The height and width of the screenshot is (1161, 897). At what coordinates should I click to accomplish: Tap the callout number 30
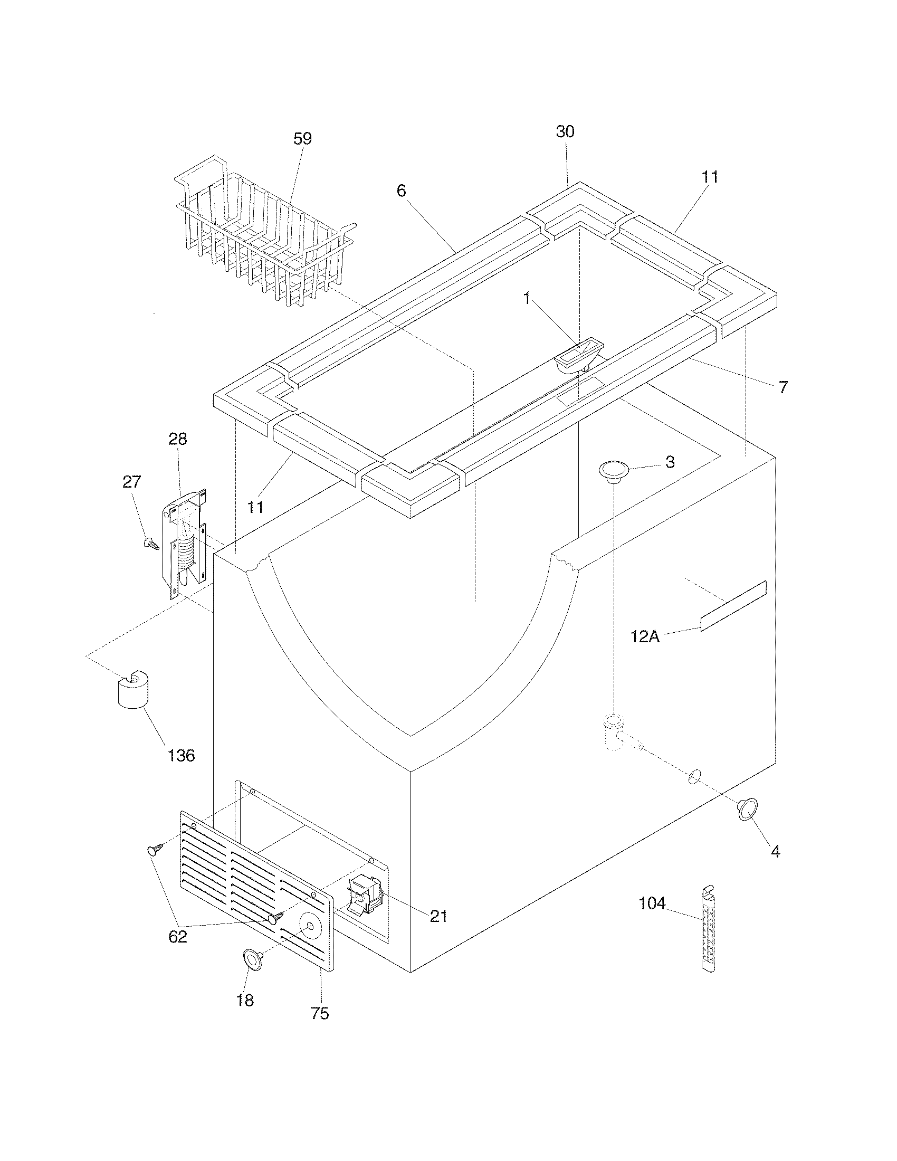pyautogui.click(x=565, y=131)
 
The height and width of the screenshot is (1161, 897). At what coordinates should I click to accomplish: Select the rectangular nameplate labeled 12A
pyautogui.click(x=733, y=605)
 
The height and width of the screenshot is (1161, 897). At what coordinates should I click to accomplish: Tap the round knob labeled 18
pyautogui.click(x=254, y=958)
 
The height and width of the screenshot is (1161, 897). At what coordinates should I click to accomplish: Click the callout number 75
pyautogui.click(x=320, y=1014)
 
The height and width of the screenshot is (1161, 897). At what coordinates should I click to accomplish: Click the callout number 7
pyautogui.click(x=783, y=387)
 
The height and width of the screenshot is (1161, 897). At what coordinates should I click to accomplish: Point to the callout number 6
pyautogui.click(x=401, y=191)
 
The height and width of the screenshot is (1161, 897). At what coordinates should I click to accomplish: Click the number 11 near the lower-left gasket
pyautogui.click(x=255, y=507)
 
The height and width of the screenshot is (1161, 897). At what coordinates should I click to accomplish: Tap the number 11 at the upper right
pyautogui.click(x=710, y=177)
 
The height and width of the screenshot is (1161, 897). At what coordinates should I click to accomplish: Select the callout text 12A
pyautogui.click(x=645, y=636)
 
